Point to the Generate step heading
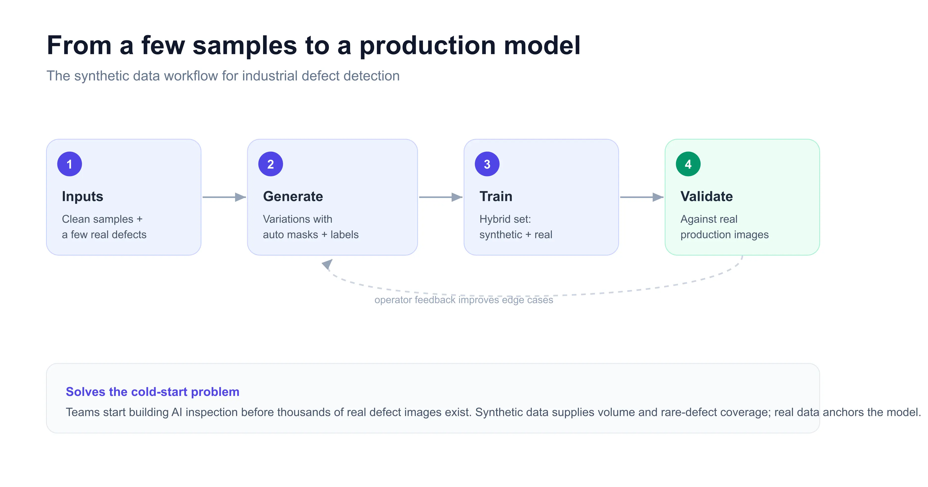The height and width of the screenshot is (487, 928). [x=293, y=196]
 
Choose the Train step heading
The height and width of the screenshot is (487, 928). [x=496, y=196]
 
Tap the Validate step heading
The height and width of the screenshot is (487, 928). [x=707, y=196]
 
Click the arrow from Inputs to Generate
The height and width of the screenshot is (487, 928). [x=224, y=197]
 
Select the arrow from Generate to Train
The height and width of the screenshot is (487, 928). [x=440, y=197]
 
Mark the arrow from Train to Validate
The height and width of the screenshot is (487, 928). [x=642, y=197]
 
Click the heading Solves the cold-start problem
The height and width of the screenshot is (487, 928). [x=152, y=391]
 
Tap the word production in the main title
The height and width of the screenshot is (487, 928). [x=428, y=46]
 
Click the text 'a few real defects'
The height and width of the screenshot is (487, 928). [x=104, y=235]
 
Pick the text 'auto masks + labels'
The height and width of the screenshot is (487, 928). [x=311, y=235]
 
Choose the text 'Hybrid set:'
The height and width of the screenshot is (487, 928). [x=505, y=219]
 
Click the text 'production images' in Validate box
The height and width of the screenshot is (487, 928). [x=725, y=235]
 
